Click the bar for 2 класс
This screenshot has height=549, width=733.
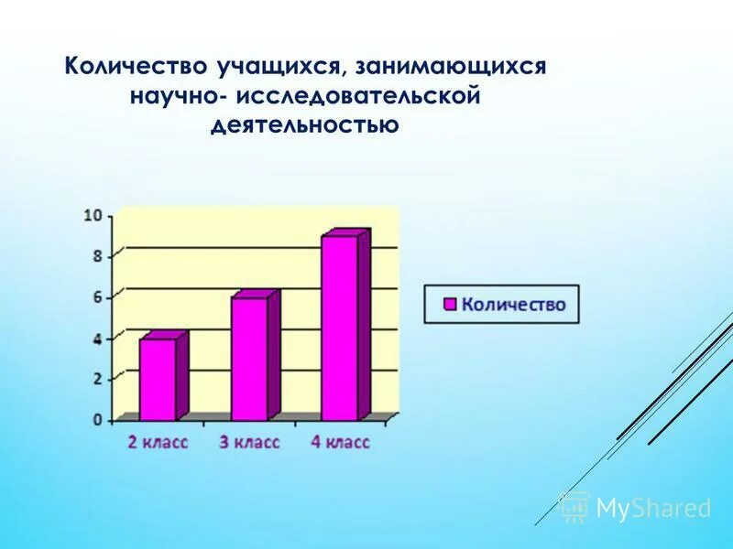pyautogui.click(x=158, y=379)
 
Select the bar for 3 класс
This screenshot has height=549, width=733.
pyautogui.click(x=249, y=359)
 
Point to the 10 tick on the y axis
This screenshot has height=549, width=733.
pyautogui.click(x=93, y=216)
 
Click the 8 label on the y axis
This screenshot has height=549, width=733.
pyautogui.click(x=96, y=256)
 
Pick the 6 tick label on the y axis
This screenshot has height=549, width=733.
pyautogui.click(x=96, y=297)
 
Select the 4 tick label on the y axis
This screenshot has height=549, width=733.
pyautogui.click(x=96, y=339)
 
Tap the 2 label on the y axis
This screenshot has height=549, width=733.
pyautogui.click(x=96, y=379)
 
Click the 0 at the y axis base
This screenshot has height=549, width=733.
pyautogui.click(x=96, y=420)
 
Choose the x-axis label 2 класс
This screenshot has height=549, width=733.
pyautogui.click(x=157, y=443)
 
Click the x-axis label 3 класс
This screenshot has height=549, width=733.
pyautogui.click(x=248, y=443)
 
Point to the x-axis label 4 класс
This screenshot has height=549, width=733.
pyautogui.click(x=339, y=443)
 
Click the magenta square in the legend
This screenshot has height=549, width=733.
pyautogui.click(x=449, y=304)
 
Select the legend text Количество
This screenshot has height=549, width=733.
pyautogui.click(x=513, y=304)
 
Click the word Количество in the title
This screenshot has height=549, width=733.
pyautogui.click(x=136, y=67)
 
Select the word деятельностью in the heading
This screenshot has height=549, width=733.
pyautogui.click(x=305, y=124)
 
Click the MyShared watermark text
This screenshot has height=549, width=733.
pyautogui.click(x=653, y=508)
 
